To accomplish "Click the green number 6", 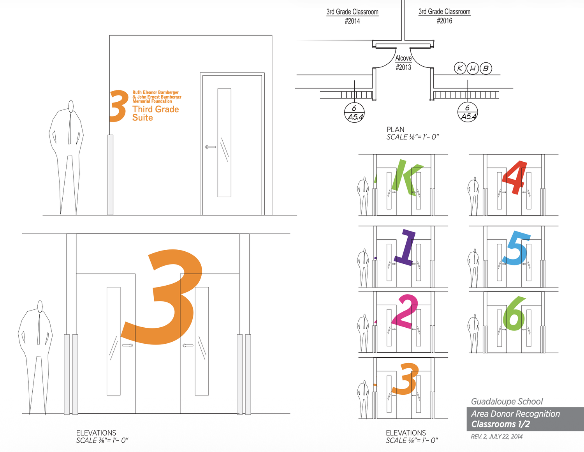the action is (x=514, y=314).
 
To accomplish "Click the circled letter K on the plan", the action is (x=460, y=68).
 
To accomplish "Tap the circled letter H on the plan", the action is (x=473, y=68).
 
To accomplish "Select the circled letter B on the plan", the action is (x=485, y=68).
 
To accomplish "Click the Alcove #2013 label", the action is (x=403, y=63).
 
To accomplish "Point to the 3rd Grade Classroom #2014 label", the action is (x=352, y=16).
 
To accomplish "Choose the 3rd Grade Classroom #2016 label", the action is (x=445, y=16).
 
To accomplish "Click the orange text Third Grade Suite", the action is (x=155, y=113).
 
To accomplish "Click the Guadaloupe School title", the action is (x=507, y=401).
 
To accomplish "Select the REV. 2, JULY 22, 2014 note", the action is (x=497, y=436).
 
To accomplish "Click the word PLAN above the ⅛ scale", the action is (x=395, y=129).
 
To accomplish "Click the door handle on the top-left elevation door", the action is (x=210, y=147).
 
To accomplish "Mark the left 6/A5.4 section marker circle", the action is (x=354, y=112).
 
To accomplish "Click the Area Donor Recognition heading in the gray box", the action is (x=515, y=413).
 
